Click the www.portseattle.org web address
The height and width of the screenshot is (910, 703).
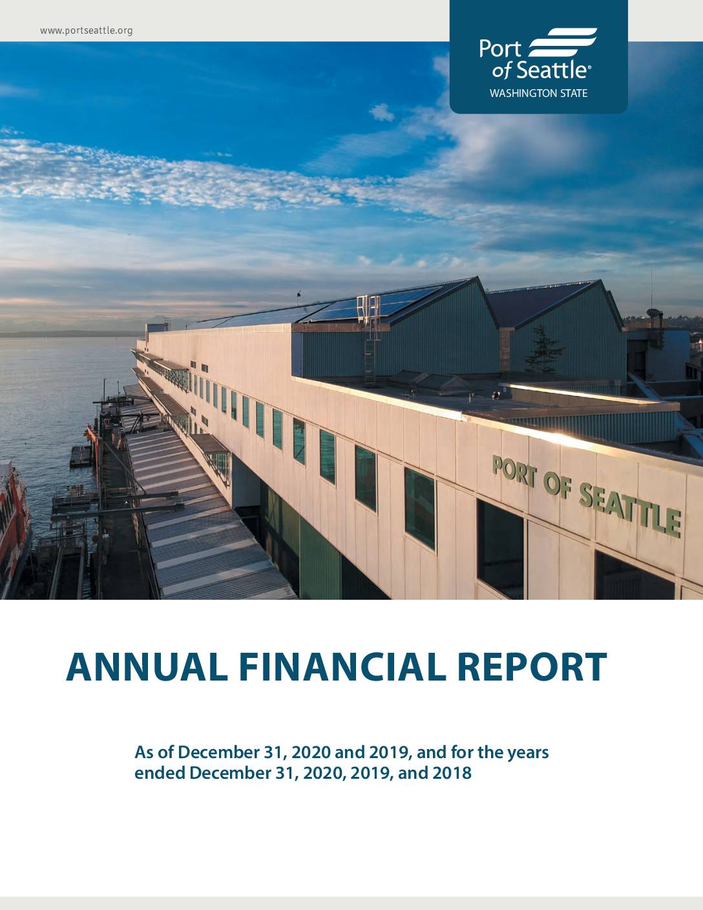pos(86,31)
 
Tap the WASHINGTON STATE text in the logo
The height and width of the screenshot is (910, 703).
pos(538,93)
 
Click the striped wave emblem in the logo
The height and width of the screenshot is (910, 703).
pos(562,42)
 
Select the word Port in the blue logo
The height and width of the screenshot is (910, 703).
pos(500,49)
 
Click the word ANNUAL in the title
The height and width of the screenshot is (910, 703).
pos(147,667)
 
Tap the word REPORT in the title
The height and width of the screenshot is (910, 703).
pos(532,667)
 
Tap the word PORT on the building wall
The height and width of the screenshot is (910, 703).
pos(514,471)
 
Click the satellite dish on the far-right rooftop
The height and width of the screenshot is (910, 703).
pos(653,313)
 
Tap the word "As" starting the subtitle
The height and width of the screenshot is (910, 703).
pos(143,752)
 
